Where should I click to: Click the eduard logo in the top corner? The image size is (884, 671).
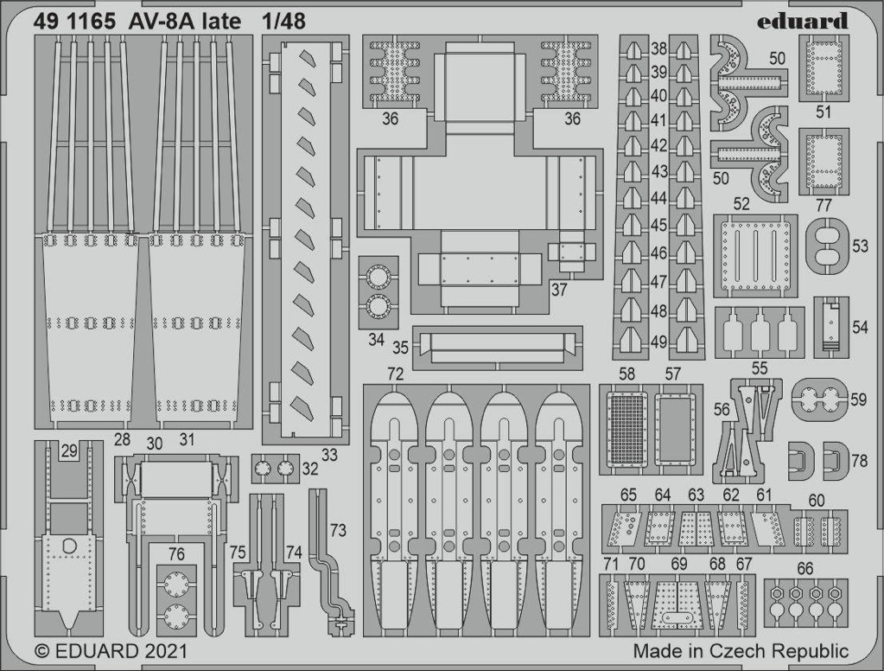coord(802,22)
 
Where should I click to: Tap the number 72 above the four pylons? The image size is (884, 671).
coord(396,374)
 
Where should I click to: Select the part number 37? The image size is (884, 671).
coord(559,290)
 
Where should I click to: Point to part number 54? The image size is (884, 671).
coord(860,328)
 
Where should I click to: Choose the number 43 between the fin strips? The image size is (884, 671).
coord(659,171)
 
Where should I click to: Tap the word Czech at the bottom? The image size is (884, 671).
coord(739,651)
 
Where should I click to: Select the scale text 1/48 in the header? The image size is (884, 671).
coord(283,22)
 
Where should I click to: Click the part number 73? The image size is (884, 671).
coord(338,530)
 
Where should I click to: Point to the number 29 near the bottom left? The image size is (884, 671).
coord(69,451)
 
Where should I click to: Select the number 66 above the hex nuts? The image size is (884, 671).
coord(805,568)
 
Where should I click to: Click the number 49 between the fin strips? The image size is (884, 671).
coord(659,342)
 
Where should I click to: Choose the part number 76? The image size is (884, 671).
coord(176,554)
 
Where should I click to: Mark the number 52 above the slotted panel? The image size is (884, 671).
coord(741,204)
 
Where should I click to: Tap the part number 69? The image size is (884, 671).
coord(679,564)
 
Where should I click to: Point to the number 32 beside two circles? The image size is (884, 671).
coord(310,469)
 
